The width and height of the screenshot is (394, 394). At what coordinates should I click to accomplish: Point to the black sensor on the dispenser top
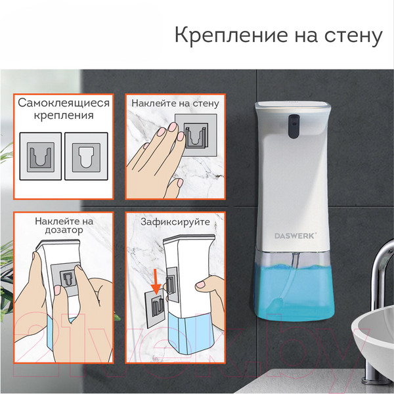293,122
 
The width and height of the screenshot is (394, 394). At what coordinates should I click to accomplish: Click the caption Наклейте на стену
175,104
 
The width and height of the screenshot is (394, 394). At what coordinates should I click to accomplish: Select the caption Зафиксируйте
175,221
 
